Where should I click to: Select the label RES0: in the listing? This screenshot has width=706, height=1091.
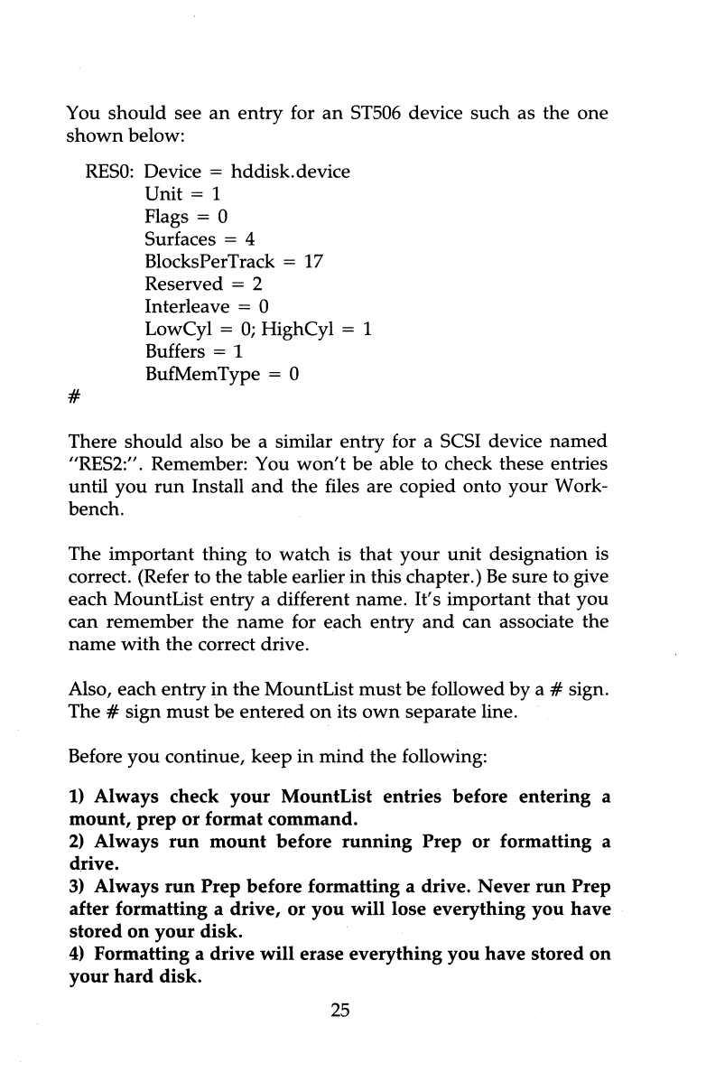point(110,171)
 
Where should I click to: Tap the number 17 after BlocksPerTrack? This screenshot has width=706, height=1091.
point(312,262)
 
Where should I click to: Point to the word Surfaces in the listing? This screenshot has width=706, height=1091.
point(180,239)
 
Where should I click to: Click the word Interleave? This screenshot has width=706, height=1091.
point(186,307)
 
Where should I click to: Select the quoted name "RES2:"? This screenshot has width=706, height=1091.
point(101,465)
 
